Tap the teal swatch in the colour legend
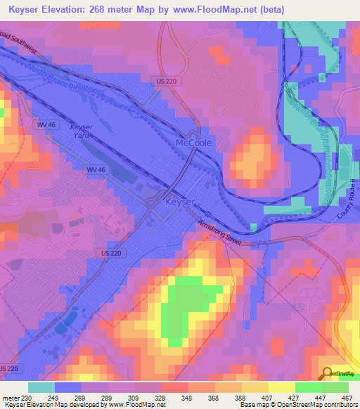coord(41,387)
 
